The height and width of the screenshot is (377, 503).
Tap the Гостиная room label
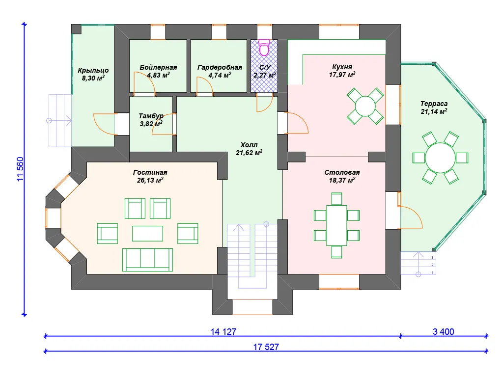click(150, 172)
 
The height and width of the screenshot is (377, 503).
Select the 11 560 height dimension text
click(20, 169)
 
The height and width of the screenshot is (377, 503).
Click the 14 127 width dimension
click(224, 332)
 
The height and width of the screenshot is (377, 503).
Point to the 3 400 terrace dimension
click(444, 332)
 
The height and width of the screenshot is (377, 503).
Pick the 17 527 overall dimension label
click(266, 347)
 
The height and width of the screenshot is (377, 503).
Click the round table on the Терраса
click(440, 158)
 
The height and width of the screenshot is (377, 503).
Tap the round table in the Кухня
click(365, 106)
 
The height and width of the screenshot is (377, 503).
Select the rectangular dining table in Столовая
click(336, 225)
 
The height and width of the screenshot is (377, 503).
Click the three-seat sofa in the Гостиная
click(147, 260)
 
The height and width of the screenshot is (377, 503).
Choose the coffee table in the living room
click(147, 233)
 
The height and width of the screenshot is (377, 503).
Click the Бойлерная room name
click(158, 67)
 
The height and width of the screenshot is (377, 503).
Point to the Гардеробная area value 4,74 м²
click(220, 75)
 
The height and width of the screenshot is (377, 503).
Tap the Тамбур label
click(151, 116)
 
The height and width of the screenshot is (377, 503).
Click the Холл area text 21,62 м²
click(249, 153)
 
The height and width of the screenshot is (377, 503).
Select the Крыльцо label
click(93, 70)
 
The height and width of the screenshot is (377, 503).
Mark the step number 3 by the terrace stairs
click(432, 257)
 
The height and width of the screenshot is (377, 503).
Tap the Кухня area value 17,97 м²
click(342, 75)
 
